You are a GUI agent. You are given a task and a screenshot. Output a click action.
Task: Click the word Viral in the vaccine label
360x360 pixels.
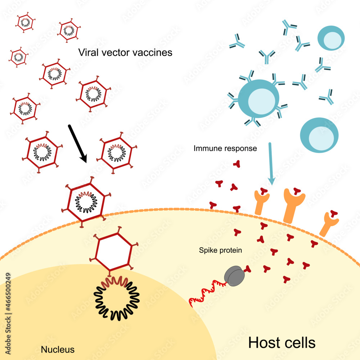[x=88, y=53]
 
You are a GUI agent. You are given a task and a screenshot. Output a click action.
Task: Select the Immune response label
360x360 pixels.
[x=225, y=148]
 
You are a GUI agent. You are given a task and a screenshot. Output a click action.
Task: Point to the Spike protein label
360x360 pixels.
[x=220, y=249]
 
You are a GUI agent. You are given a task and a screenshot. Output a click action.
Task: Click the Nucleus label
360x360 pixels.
[x=58, y=349]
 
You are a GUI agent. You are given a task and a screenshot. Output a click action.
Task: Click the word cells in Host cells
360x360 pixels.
[x=299, y=342]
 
